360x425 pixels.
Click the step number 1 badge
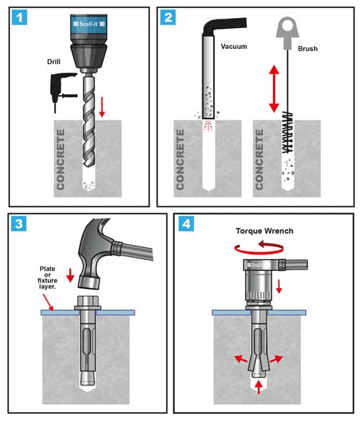click(19, 17)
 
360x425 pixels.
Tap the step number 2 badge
click(168, 17)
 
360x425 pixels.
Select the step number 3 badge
click(19, 223)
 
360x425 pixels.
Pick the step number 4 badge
click(186, 223)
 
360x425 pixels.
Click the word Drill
click(53, 62)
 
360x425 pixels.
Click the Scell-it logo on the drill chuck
click(89, 24)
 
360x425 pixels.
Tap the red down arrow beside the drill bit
click(102, 107)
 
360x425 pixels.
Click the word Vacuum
click(234, 47)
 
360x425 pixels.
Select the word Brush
click(307, 49)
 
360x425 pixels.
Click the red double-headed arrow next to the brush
click(274, 89)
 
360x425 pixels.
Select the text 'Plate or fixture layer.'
click(48, 277)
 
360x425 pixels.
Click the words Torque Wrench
click(264, 231)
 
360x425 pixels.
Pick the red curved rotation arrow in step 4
click(259, 248)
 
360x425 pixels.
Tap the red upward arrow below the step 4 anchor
click(258, 387)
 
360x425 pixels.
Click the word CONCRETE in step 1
click(60, 159)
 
